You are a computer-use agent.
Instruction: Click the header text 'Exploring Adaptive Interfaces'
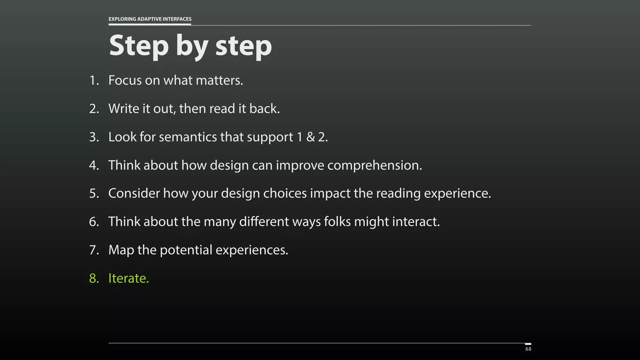pyautogui.click(x=150, y=19)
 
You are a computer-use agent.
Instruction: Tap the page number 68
pyautogui.click(x=528, y=349)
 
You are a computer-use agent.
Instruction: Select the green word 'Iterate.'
pyautogui.click(x=128, y=278)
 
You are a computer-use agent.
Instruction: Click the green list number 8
pyautogui.click(x=94, y=278)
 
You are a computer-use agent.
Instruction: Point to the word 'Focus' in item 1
pyautogui.click(x=125, y=80)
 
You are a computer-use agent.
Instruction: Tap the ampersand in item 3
pyautogui.click(x=310, y=137)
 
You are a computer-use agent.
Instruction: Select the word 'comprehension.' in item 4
pyautogui.click(x=374, y=165)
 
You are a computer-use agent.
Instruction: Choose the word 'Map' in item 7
pyautogui.click(x=121, y=250)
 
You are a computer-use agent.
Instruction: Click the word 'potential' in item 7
pyautogui.click(x=186, y=250)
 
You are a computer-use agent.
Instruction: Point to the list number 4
pyautogui.click(x=94, y=165)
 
